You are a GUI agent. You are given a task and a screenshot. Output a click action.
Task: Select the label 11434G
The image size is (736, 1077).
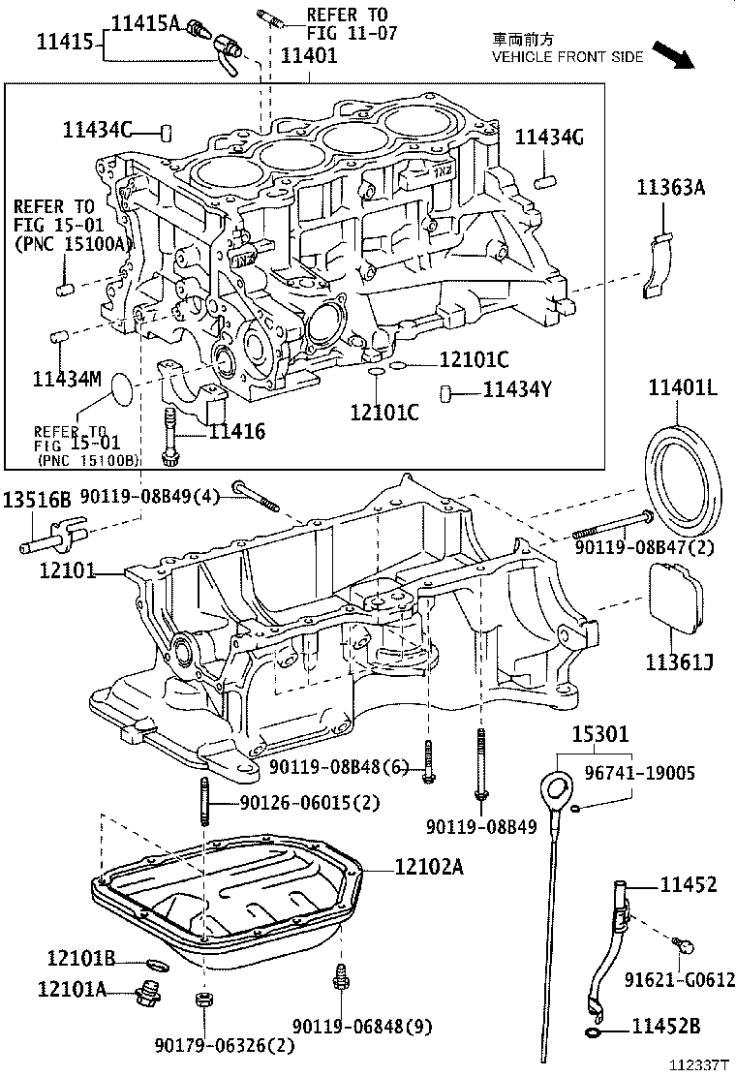pos(548,138)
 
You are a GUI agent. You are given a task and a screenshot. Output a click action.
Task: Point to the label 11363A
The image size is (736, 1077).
pos(670,188)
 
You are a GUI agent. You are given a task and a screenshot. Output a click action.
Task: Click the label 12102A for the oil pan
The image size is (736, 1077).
pos(428,867)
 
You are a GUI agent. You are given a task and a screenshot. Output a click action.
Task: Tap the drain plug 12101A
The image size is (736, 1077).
pos(150,992)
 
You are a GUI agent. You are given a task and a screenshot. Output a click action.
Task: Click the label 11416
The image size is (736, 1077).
pos(237,432)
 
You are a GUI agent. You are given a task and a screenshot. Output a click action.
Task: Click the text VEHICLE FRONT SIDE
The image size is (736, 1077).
pos(567,57)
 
